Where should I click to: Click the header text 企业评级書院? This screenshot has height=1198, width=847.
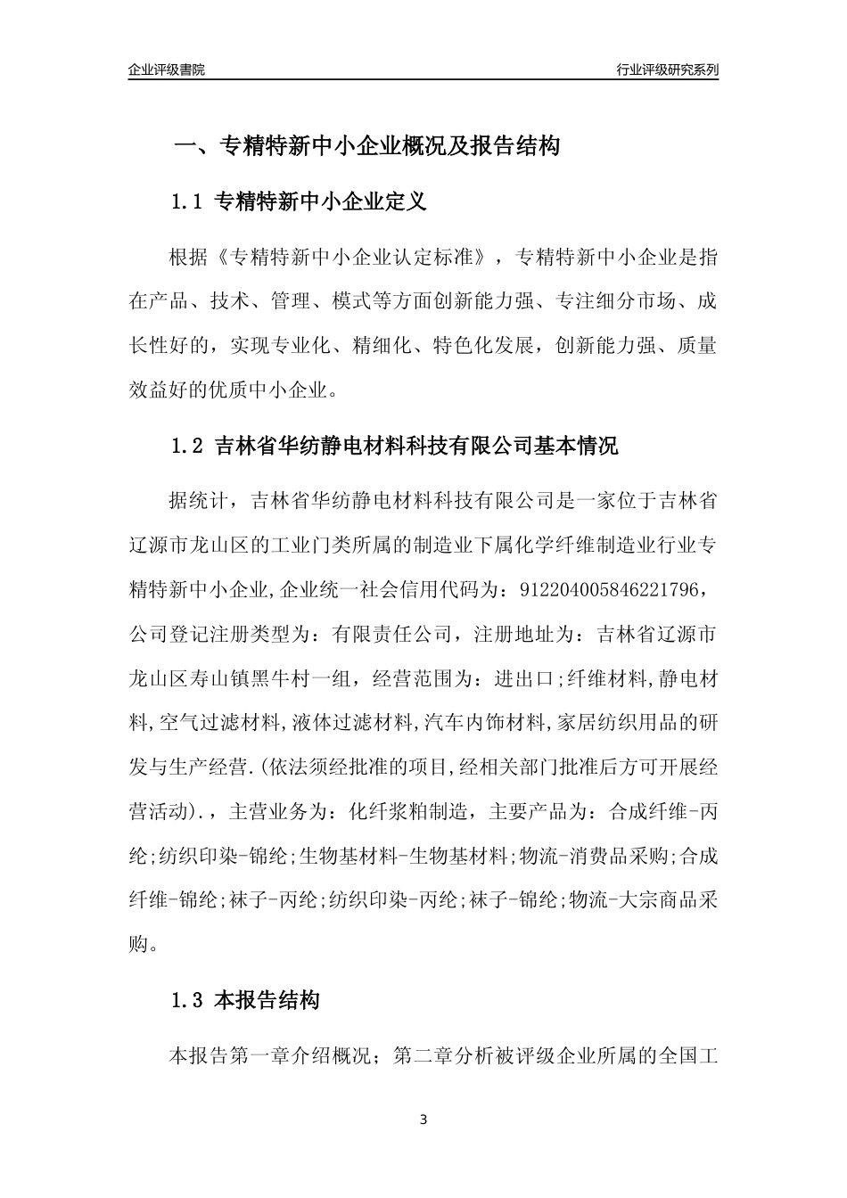(x=167, y=70)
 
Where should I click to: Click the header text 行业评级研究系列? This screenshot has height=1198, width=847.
(x=667, y=70)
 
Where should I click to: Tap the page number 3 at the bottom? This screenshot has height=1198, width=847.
(x=423, y=1120)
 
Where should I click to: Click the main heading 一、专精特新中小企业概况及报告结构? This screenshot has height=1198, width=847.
(x=366, y=146)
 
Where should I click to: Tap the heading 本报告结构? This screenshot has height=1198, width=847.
(x=267, y=1001)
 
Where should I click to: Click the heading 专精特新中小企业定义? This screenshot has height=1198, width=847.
(x=322, y=202)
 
